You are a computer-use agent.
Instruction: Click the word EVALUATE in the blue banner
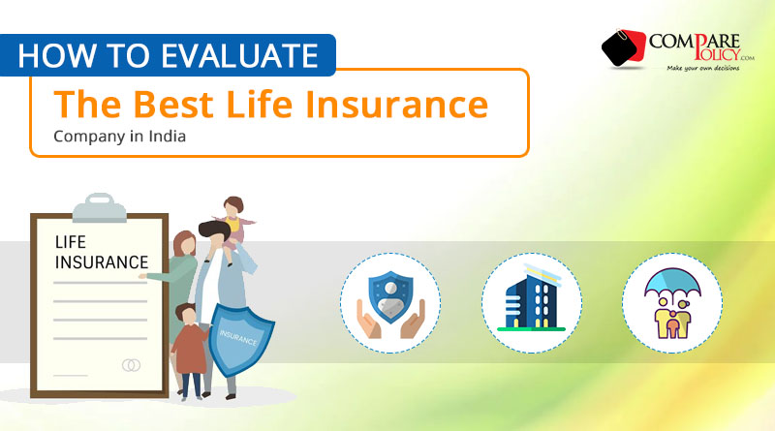tap(239, 55)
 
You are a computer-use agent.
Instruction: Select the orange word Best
tap(173, 105)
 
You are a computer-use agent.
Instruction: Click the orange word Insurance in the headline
tap(396, 105)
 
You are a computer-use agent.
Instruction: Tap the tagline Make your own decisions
tap(703, 68)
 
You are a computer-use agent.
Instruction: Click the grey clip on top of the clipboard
tap(100, 207)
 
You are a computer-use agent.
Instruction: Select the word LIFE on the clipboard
tap(70, 242)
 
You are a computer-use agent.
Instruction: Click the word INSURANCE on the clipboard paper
tap(102, 262)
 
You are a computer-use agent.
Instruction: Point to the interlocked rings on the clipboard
tap(131, 365)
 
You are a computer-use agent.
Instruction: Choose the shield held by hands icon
tap(390, 304)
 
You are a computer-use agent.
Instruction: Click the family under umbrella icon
tap(672, 303)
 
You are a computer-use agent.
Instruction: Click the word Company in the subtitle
tap(89, 137)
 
